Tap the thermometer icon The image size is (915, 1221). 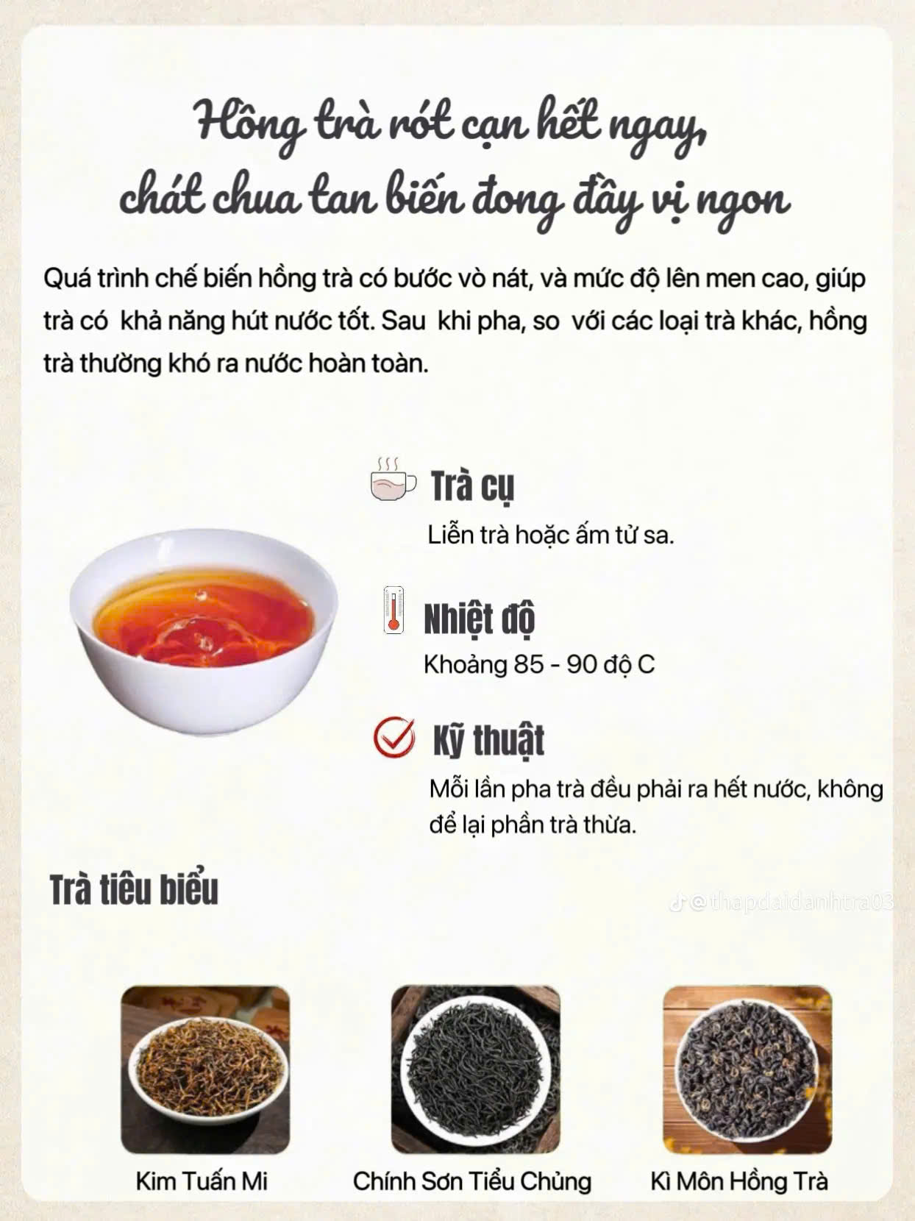[394, 610]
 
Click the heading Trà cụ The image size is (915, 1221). [473, 487]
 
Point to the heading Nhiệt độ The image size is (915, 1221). [480, 619]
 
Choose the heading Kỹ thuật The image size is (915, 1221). [489, 740]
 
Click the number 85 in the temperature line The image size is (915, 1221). [528, 664]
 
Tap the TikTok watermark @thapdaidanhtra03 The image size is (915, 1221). [782, 903]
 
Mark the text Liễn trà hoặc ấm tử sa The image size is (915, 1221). [551, 535]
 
